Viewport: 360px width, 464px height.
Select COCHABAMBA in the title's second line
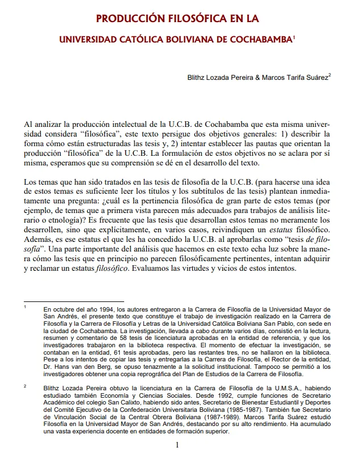tap(260, 41)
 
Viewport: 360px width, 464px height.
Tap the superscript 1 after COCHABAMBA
tap(294, 37)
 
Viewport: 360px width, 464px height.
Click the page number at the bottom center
tap(177, 445)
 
